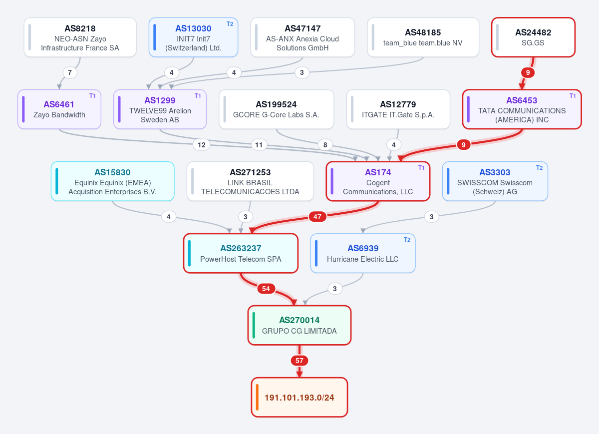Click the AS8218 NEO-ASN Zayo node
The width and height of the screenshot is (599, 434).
point(80,37)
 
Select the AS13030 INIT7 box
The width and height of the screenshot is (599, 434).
point(193,37)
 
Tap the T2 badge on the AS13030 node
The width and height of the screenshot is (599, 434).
point(230,24)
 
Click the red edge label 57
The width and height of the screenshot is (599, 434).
point(299,361)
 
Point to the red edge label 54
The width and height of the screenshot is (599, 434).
point(266,289)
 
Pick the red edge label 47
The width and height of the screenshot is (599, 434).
point(317,217)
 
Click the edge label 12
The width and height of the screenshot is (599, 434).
point(202,145)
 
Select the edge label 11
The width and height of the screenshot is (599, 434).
point(259,145)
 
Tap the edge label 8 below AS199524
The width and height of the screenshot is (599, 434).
point(325,145)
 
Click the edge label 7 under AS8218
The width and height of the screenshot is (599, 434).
point(70,72)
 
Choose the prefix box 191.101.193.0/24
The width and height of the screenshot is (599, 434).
point(299,398)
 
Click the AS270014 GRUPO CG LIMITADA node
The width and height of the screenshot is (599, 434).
point(299,325)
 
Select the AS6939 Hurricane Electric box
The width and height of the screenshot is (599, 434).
point(363,253)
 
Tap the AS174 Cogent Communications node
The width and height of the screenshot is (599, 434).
point(378,181)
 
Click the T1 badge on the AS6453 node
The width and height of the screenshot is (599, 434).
point(573,96)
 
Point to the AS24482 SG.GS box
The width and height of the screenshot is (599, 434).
point(533,37)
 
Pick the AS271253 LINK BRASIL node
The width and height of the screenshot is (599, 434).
point(250,181)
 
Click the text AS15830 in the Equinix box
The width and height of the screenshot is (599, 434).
point(113,172)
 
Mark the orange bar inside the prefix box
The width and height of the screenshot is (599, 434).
point(257,398)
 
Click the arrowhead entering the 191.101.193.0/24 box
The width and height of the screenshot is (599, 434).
point(299,375)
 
